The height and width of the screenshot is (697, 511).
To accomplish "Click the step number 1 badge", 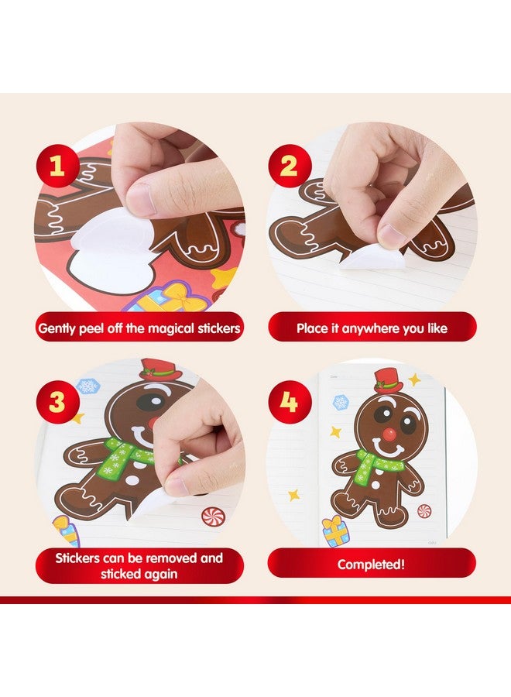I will (x=57, y=166).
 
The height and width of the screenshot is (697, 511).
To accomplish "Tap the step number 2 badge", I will (x=290, y=166).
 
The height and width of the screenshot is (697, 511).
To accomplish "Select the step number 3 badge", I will (x=57, y=403).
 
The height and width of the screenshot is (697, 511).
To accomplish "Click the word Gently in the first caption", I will (x=59, y=328).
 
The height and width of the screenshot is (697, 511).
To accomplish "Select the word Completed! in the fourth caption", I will (x=371, y=565).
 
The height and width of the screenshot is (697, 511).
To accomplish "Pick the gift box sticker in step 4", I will (x=335, y=532).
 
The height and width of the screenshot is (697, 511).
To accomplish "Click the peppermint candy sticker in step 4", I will (x=424, y=511).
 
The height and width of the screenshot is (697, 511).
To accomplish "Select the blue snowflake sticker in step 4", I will (x=341, y=402).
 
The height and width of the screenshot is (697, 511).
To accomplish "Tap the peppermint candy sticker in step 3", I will (x=212, y=516).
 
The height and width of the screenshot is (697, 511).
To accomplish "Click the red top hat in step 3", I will (x=159, y=369).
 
